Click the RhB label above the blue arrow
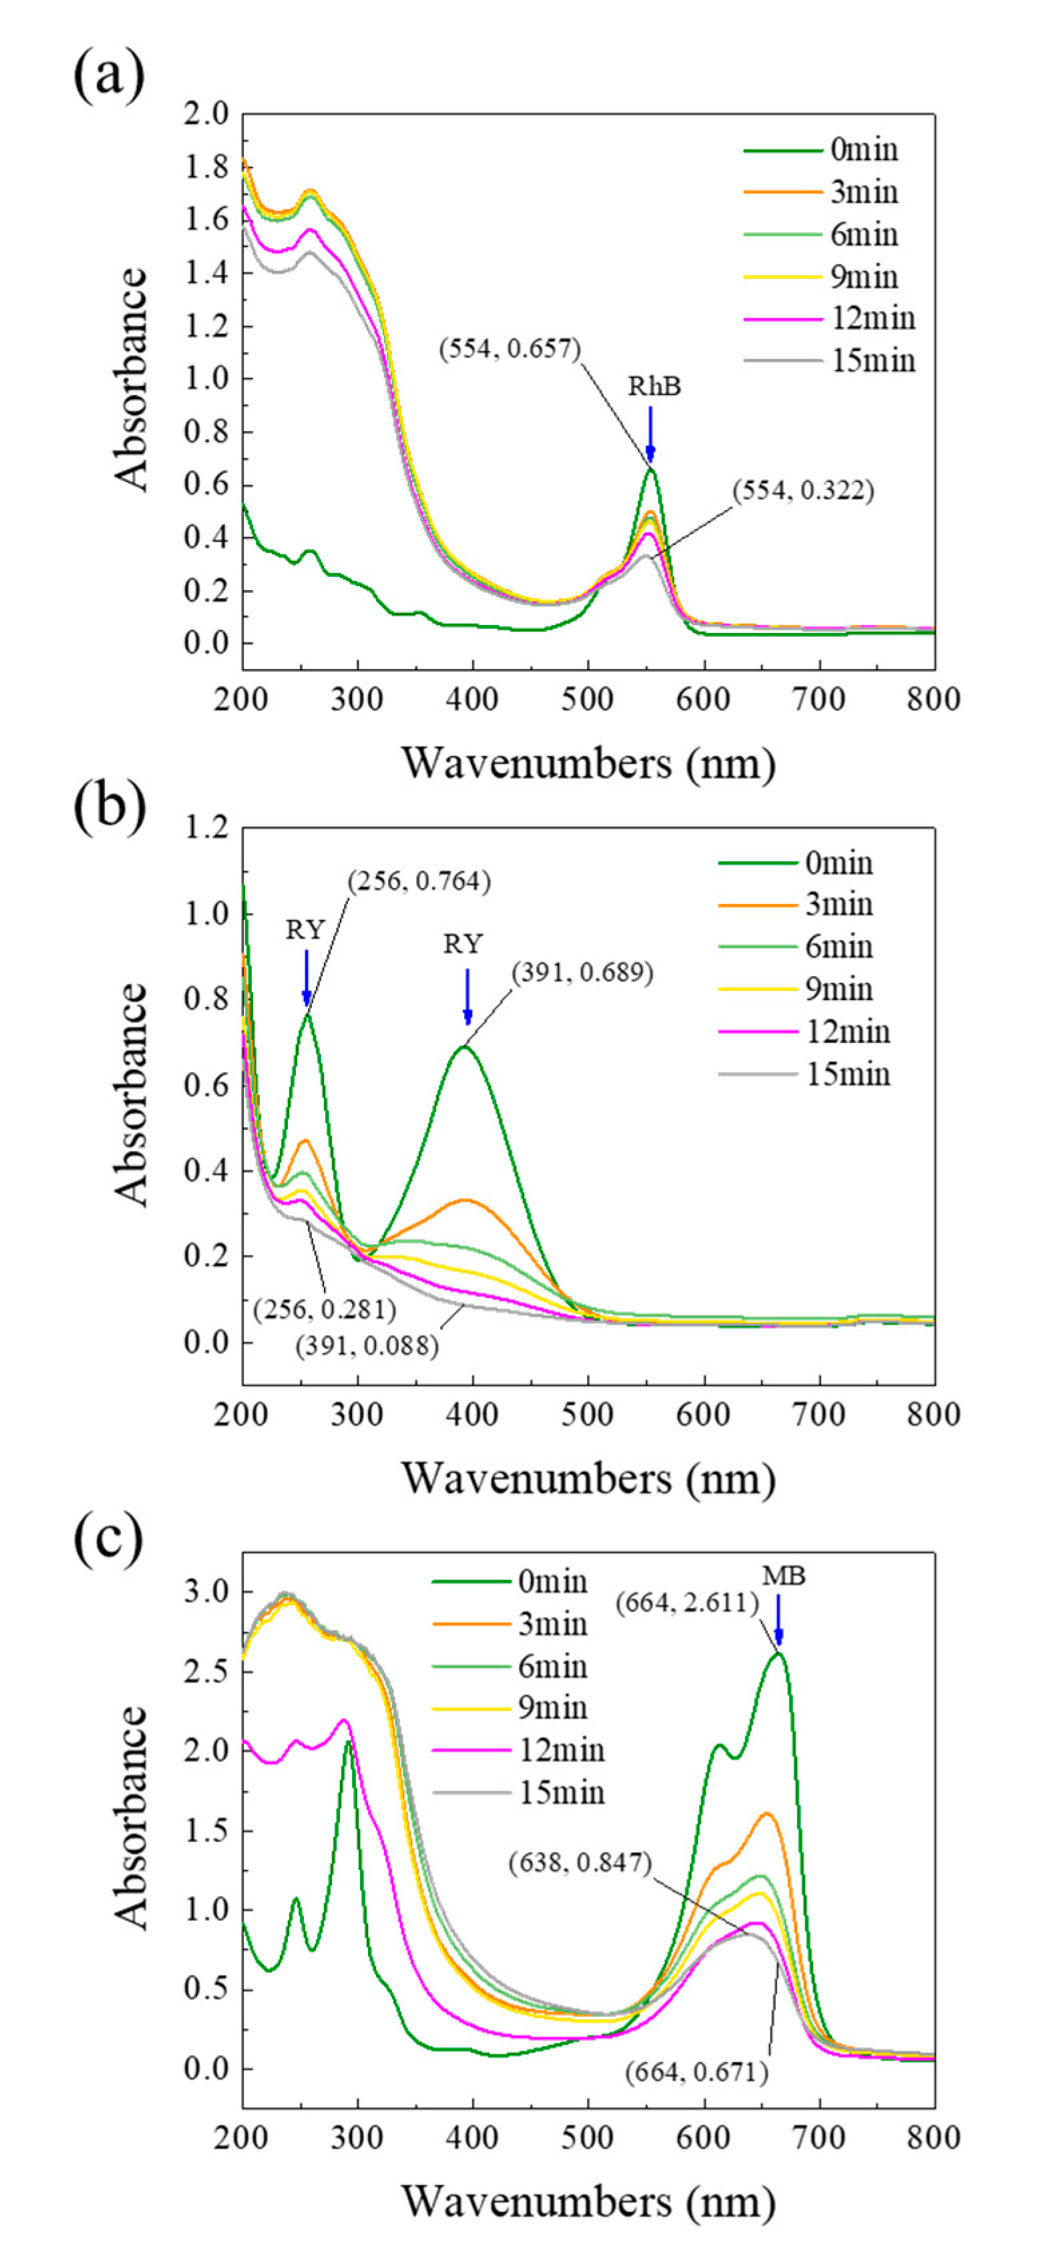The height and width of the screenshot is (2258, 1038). pos(654,387)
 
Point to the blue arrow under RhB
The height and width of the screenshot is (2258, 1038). pos(651,434)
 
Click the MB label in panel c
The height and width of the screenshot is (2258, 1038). pos(783,1576)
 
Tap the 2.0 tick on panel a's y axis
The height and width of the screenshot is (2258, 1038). pos(206,114)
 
